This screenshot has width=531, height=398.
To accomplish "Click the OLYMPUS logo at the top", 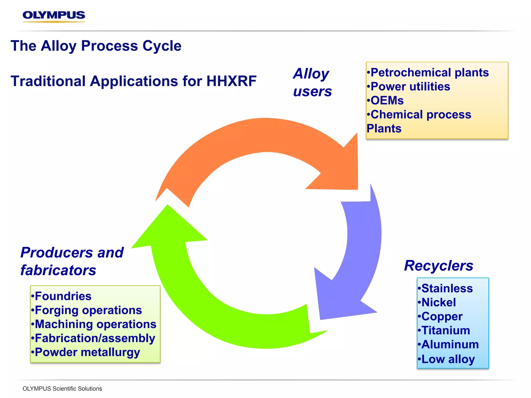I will [54, 16].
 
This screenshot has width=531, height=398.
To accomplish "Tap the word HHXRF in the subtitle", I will [231, 81].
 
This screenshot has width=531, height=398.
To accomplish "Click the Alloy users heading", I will [312, 82].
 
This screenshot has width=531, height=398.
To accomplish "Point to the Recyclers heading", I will [438, 266].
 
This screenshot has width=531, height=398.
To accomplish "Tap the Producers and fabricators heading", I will [72, 261].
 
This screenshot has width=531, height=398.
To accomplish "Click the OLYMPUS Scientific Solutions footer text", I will [62, 389].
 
